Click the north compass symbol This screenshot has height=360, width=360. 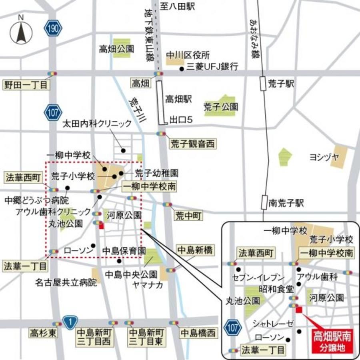(21, 32)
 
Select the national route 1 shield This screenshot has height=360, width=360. (70, 321)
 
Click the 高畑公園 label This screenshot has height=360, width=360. (116, 49)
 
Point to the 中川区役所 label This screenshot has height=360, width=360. (182, 55)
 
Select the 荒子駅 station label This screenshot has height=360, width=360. (281, 84)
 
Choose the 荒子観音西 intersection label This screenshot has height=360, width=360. (193, 144)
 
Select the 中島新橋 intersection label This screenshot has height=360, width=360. (194, 251)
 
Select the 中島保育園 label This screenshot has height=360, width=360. (124, 251)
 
